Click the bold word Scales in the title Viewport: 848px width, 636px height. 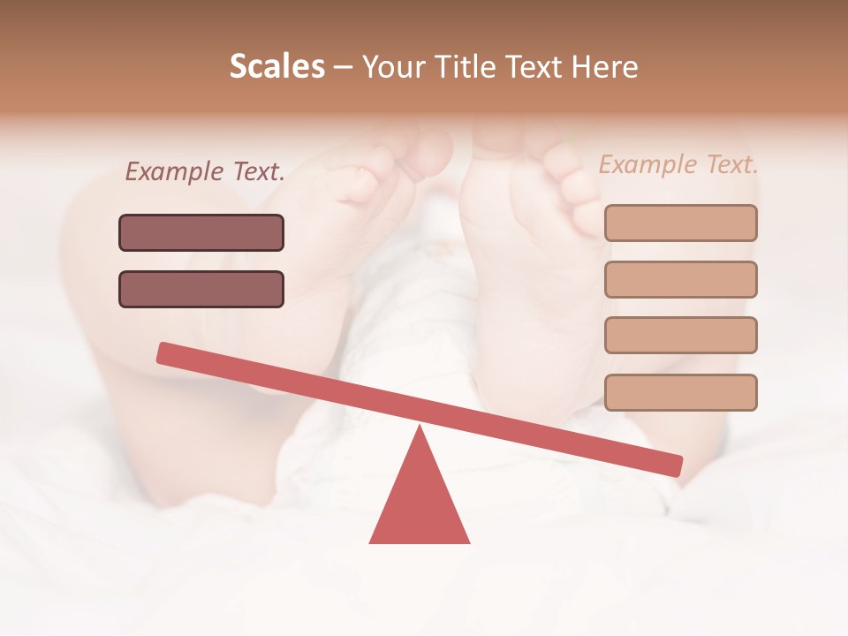tap(276, 67)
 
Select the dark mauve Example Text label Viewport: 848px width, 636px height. tap(205, 172)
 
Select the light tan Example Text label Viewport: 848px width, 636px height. tap(678, 164)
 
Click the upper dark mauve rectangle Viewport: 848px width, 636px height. tap(201, 232)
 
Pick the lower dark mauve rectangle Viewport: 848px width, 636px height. tap(201, 289)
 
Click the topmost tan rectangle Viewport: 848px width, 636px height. tap(680, 223)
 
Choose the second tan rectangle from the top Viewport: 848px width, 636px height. tap(680, 279)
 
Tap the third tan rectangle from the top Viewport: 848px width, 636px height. tap(680, 335)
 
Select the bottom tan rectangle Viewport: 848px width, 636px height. tap(680, 392)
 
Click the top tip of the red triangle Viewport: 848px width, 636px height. tap(420, 429)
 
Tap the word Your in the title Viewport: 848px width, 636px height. tap(393, 67)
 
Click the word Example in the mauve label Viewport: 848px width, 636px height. tap(174, 172)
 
